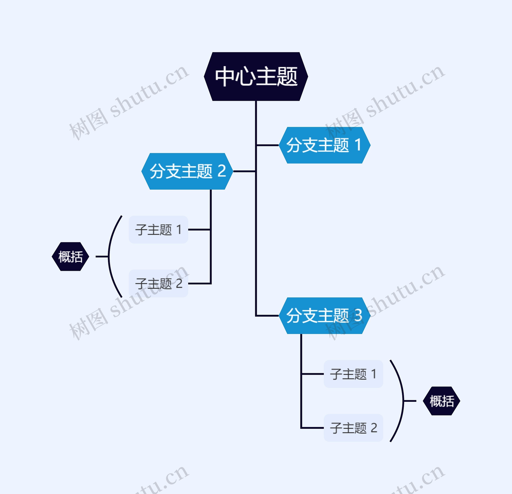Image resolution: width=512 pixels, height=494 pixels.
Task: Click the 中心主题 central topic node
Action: pos(256,77)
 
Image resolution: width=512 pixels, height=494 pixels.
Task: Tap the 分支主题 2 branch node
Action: pos(187,171)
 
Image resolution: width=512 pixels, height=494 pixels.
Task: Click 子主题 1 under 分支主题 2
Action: pos(158,230)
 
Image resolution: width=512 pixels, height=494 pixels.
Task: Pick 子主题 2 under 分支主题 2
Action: pos(158,283)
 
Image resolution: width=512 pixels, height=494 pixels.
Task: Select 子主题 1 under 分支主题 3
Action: pos(353,374)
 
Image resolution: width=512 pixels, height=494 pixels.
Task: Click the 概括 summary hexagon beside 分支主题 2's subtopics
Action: pos(71,257)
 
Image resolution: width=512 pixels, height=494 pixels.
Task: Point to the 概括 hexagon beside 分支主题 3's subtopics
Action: pos(441,401)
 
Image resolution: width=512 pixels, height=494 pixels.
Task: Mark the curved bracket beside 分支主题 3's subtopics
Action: pos(403,401)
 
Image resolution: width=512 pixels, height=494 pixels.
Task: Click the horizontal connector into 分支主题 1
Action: pos(267,145)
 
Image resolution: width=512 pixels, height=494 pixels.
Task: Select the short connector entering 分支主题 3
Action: pos(267,316)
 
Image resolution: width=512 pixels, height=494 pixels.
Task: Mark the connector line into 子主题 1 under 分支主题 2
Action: pos(199,230)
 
